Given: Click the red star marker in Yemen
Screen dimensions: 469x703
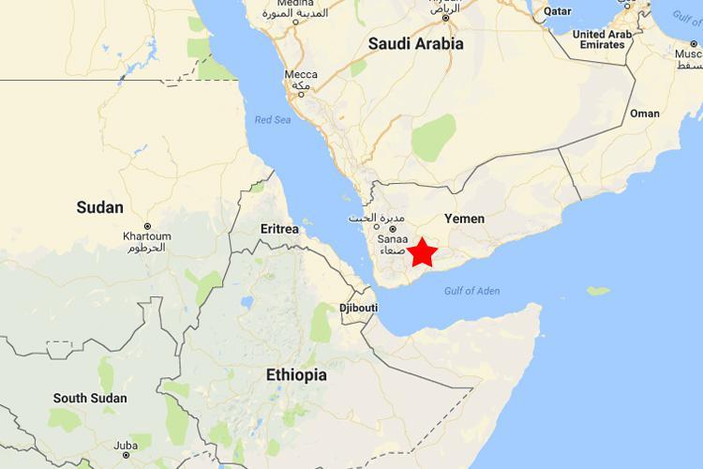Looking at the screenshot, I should click(422, 251).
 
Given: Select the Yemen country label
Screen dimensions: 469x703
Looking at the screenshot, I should click(464, 219).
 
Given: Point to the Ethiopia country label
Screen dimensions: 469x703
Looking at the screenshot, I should click(296, 374).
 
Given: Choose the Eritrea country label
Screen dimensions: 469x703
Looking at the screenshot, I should click(279, 229).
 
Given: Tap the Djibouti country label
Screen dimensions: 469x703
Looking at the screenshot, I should click(359, 308).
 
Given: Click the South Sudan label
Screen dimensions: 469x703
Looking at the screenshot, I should click(89, 399).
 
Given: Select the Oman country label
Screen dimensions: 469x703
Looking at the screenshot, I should click(644, 113).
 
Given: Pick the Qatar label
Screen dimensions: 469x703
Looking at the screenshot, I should click(559, 12).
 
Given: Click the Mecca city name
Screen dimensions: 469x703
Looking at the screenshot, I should click(302, 75).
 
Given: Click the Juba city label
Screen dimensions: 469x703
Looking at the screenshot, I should click(127, 446).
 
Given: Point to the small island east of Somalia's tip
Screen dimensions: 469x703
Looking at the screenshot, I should click(597, 291).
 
